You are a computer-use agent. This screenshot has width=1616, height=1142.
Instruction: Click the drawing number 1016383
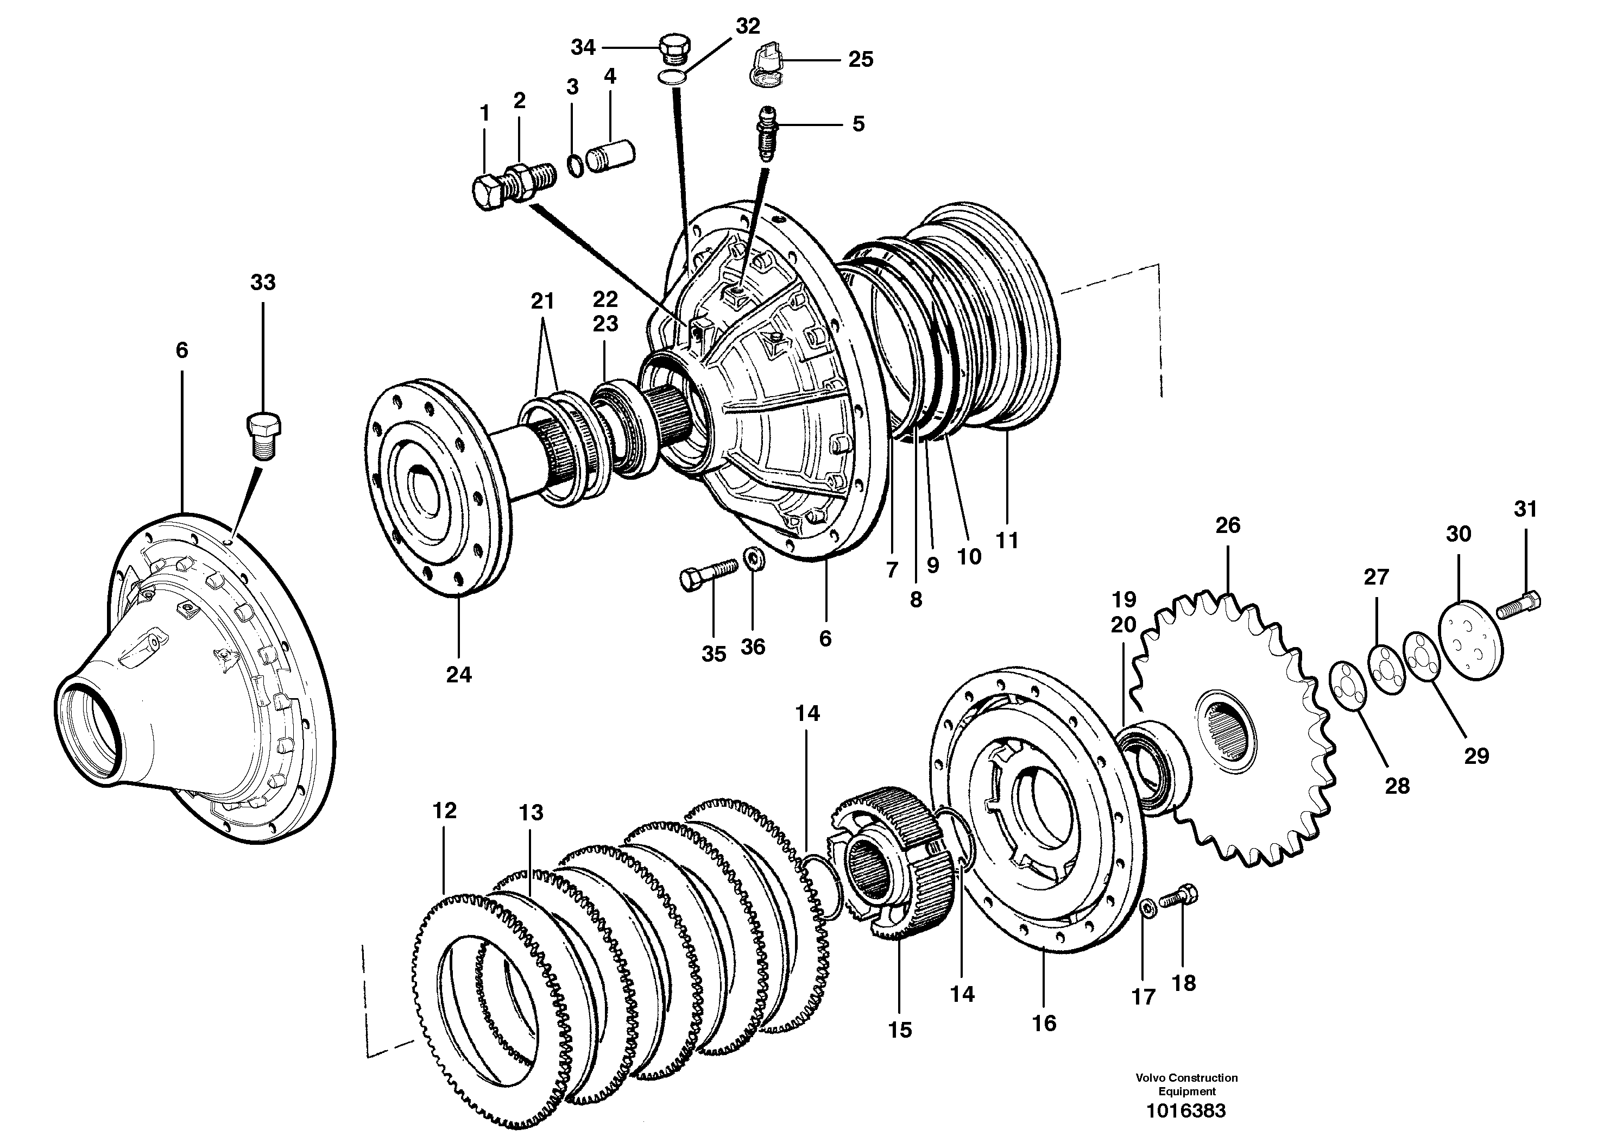point(1186,1110)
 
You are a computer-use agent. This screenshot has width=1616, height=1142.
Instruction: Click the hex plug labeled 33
point(264,436)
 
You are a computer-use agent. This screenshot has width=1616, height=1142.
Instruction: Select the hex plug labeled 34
point(675,48)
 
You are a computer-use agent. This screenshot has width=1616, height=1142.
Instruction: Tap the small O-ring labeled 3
point(576,167)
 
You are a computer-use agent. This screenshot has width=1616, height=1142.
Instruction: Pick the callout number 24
point(459,675)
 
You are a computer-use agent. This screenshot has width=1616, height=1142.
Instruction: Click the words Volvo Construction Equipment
point(1186,1084)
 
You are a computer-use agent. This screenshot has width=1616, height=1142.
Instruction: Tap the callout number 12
point(444,811)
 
